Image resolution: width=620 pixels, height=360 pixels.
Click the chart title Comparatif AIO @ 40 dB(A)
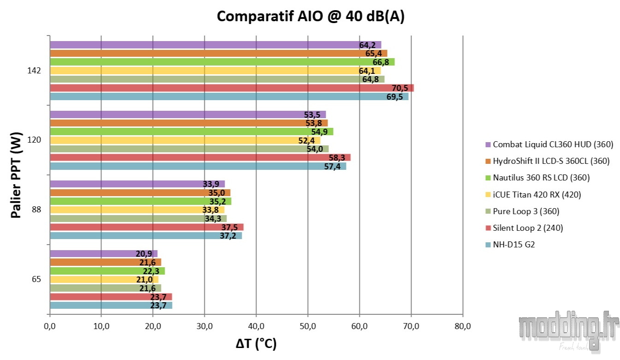pyautogui.click(x=310, y=16)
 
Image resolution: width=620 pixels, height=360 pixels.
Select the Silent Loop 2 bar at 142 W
pyautogui.click(x=231, y=88)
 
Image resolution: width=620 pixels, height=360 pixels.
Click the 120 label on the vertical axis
pyautogui.click(x=35, y=140)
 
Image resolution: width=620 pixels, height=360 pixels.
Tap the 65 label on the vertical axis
pyautogui.click(x=36, y=279)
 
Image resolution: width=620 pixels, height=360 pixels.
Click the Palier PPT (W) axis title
pyautogui.click(x=16, y=175)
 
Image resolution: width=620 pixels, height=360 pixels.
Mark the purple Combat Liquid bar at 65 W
pyautogui.click(x=103, y=253)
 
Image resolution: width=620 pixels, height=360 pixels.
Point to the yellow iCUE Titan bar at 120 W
pyautogui.click(x=185, y=140)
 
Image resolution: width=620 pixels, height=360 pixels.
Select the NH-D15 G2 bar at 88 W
pyautogui.click(x=145, y=236)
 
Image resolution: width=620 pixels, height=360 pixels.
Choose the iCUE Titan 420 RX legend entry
pyautogui.click(x=537, y=194)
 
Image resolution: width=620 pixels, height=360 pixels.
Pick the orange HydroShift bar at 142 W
pyautogui.click(x=217, y=54)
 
